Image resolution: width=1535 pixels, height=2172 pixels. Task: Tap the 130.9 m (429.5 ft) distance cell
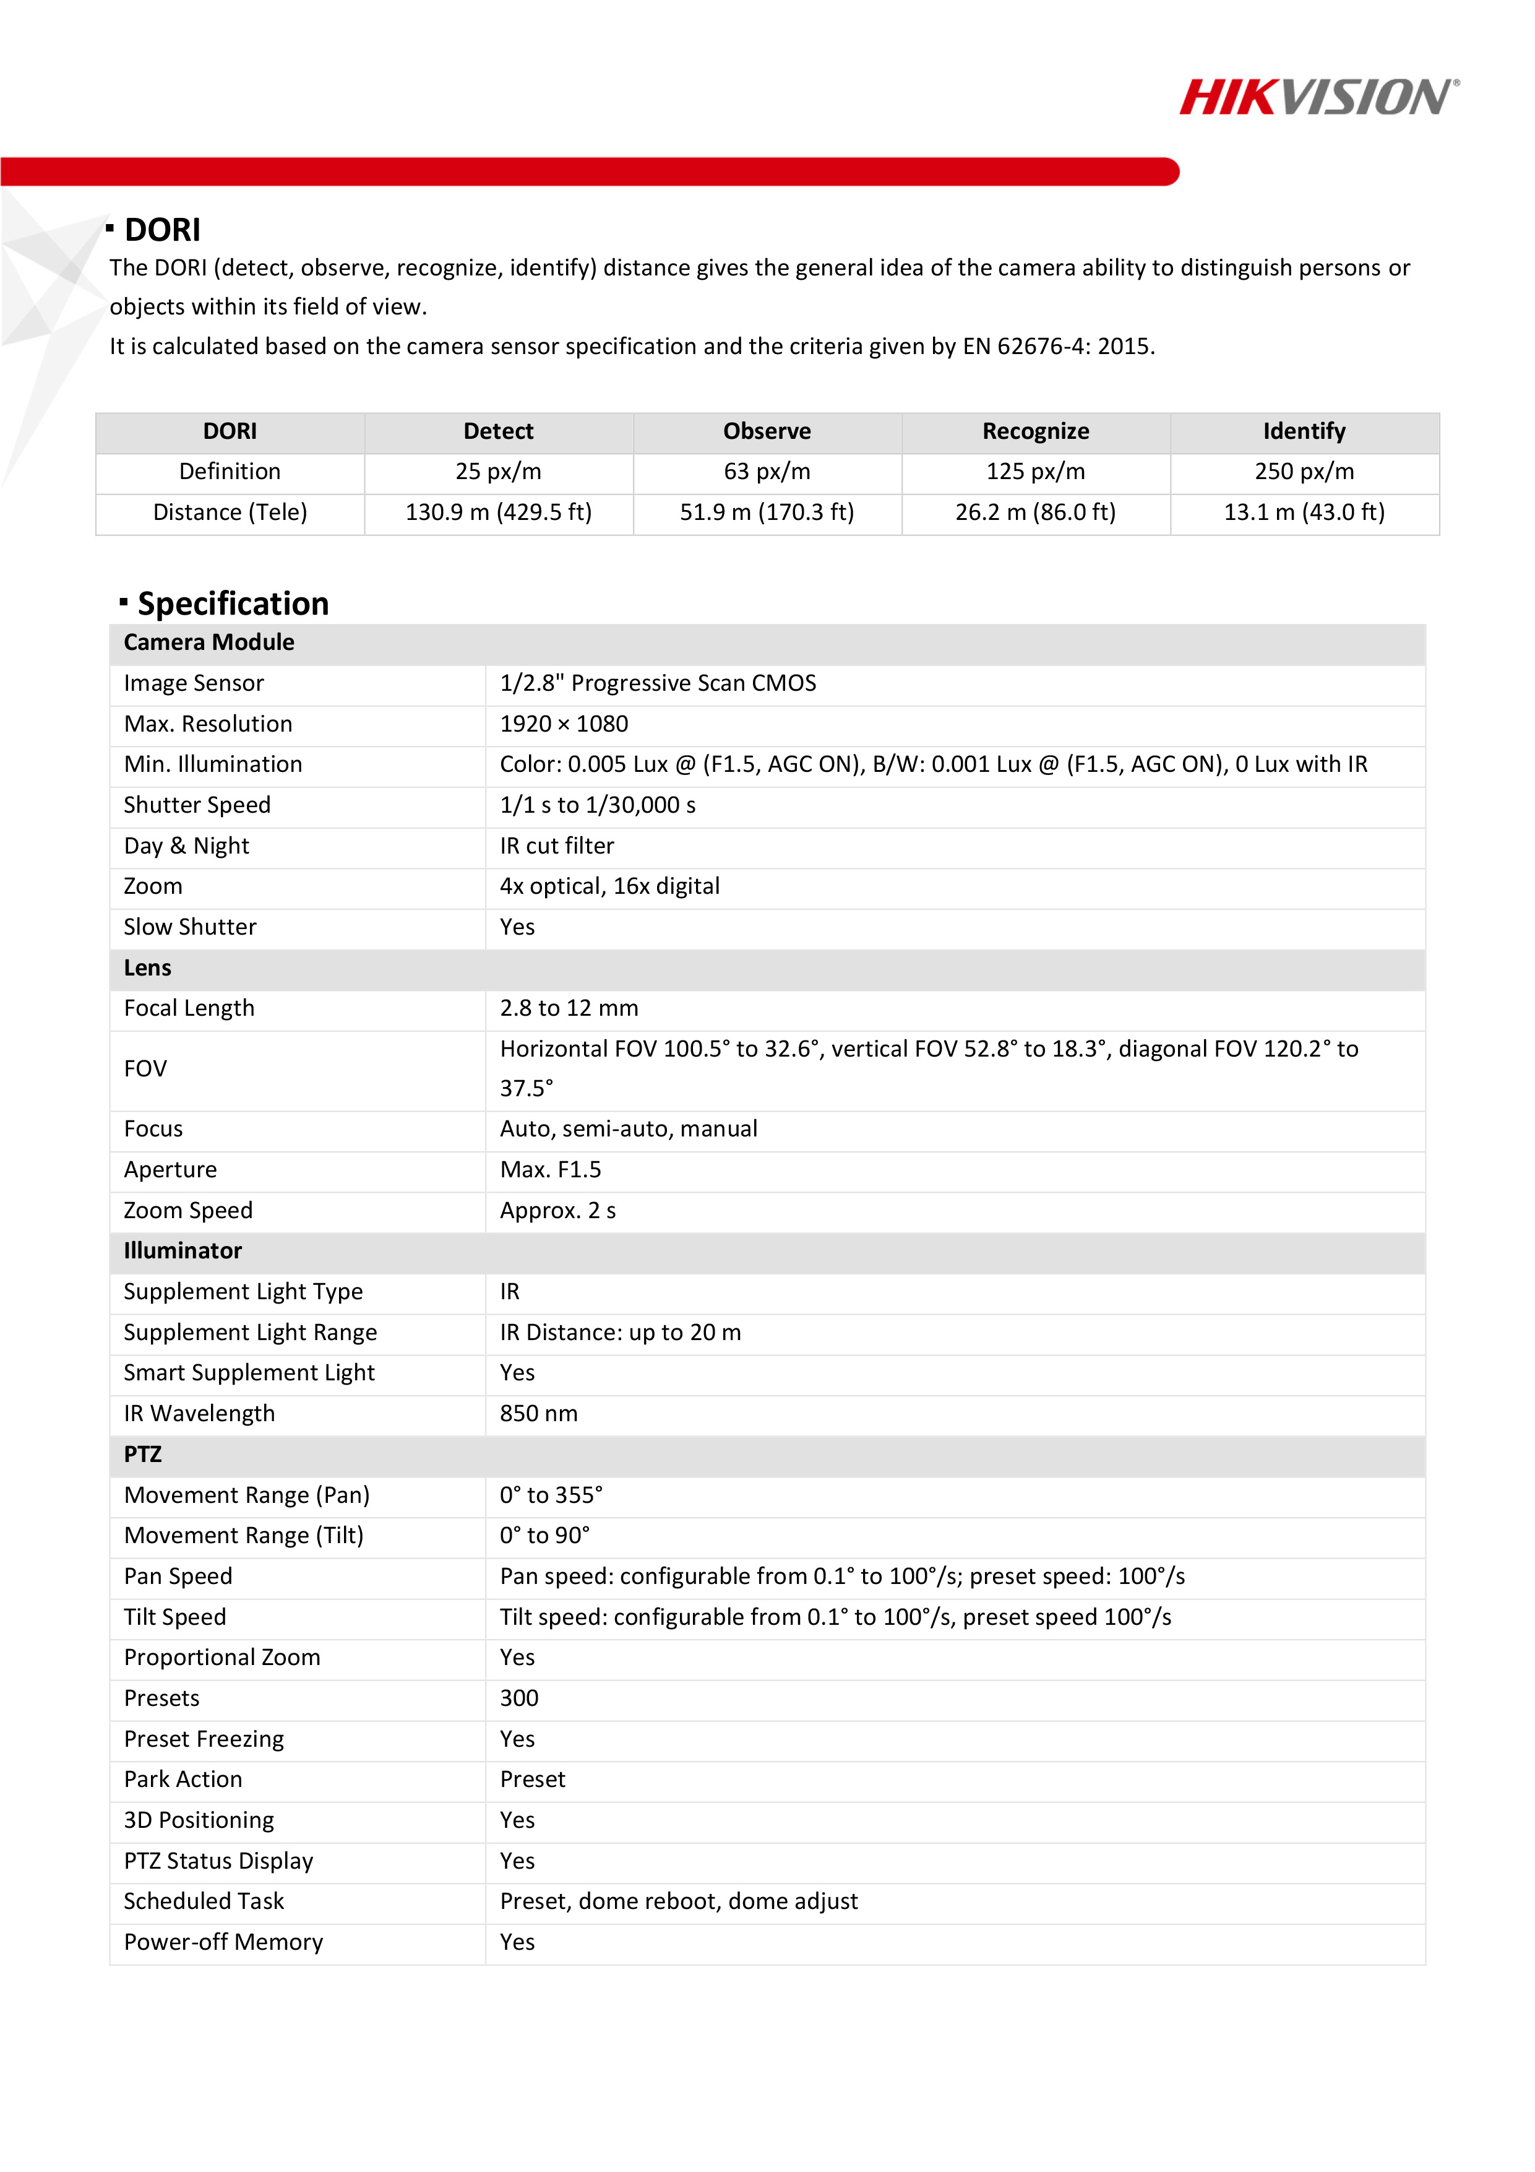[499, 513]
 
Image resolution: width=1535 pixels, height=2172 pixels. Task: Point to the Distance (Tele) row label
[230, 513]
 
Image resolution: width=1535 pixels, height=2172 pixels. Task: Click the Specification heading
[233, 604]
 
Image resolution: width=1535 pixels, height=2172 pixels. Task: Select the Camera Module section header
[209, 643]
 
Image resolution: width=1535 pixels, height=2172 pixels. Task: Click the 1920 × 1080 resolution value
[564, 724]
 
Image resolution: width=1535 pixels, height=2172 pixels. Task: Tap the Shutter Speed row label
[197, 805]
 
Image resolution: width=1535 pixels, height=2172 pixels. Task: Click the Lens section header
[147, 967]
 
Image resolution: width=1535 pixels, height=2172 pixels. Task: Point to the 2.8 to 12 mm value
[569, 1008]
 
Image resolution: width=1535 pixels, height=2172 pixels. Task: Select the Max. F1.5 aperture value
[551, 1170]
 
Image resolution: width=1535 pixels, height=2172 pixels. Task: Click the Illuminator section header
[183, 1250]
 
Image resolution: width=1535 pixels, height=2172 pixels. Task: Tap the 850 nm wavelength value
[538, 1413]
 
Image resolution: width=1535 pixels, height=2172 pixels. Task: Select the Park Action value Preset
[533, 1780]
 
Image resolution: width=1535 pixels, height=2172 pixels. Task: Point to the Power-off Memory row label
[223, 1942]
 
